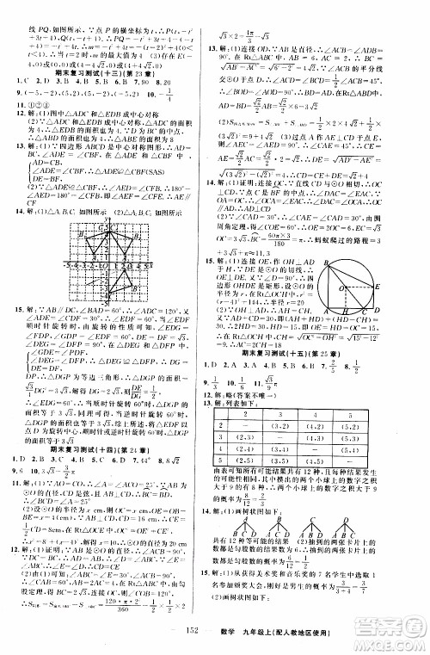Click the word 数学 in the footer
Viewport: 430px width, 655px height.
point(261,640)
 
